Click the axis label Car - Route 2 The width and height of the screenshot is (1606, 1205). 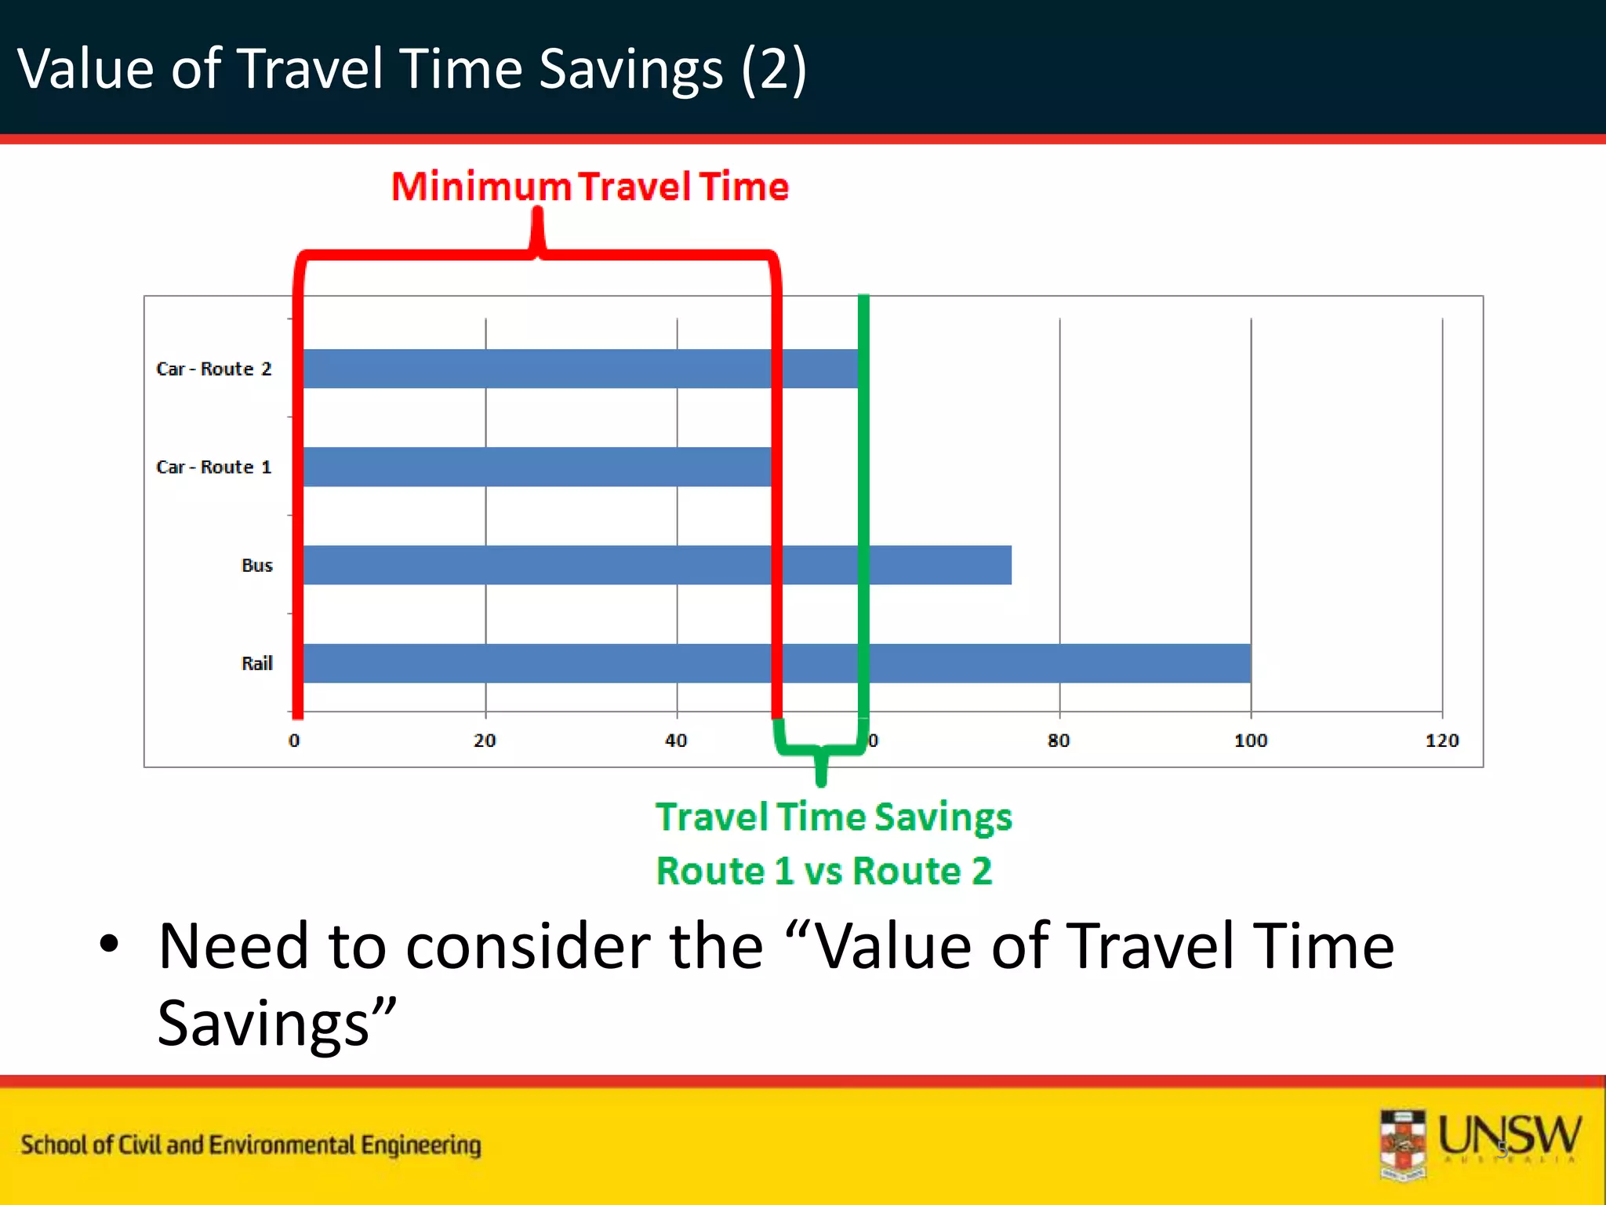click(213, 369)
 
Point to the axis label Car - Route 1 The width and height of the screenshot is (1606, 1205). click(213, 467)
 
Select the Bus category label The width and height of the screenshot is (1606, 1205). click(256, 565)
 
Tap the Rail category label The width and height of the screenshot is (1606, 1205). click(256, 664)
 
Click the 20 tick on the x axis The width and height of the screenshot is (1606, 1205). click(485, 741)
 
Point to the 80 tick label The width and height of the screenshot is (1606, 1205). click(1058, 741)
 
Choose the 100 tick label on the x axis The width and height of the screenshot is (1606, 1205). click(1250, 741)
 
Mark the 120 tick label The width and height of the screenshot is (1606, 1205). click(1441, 741)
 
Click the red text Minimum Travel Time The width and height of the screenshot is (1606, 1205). click(590, 187)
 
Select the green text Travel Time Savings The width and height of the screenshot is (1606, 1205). click(834, 817)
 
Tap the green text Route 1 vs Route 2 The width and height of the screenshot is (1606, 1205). click(823, 871)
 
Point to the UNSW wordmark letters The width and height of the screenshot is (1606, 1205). click(1509, 1136)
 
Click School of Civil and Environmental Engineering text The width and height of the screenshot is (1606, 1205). click(251, 1145)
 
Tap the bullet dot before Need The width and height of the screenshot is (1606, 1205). click(109, 944)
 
